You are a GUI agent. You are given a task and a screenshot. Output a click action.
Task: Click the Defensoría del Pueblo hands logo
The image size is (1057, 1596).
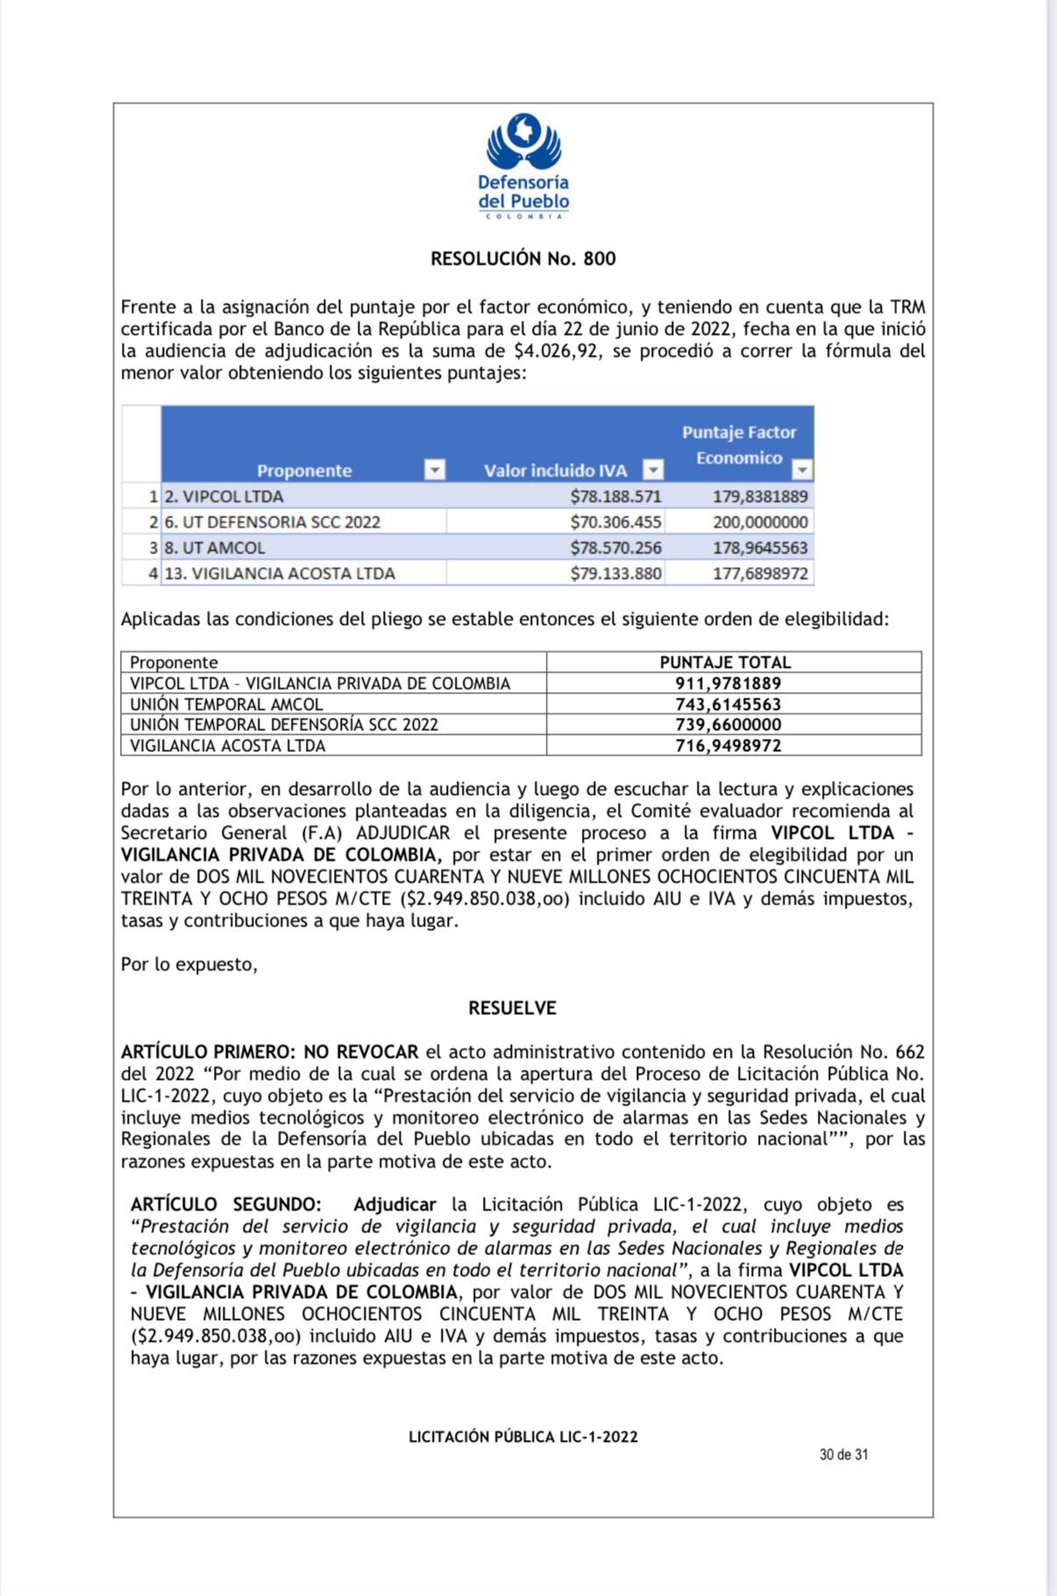pyautogui.click(x=523, y=141)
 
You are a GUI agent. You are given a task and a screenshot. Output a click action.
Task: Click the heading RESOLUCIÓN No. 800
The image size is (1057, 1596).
pyautogui.click(x=522, y=259)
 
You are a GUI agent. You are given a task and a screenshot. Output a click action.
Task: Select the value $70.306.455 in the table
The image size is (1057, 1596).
pyautogui.click(x=615, y=522)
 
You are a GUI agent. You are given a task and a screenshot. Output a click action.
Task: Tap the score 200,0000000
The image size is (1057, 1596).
pyautogui.click(x=760, y=522)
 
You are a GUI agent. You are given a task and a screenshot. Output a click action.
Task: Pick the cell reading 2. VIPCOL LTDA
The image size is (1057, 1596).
pyautogui.click(x=224, y=497)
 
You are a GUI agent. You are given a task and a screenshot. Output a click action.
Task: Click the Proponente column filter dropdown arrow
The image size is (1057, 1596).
pyautogui.click(x=435, y=470)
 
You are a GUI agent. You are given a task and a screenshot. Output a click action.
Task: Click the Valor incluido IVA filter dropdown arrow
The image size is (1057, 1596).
pyautogui.click(x=652, y=470)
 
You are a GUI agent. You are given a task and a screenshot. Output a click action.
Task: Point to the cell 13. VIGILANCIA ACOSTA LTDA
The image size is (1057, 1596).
pyautogui.click(x=280, y=574)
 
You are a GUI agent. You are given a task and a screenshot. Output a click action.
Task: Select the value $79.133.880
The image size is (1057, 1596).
pyautogui.click(x=615, y=574)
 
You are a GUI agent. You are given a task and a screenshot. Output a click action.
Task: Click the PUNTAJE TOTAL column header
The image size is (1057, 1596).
pyautogui.click(x=725, y=663)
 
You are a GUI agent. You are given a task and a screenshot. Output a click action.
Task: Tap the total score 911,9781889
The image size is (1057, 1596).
pyautogui.click(x=727, y=684)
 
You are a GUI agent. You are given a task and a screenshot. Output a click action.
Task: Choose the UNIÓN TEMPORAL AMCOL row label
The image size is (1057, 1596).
pyautogui.click(x=226, y=705)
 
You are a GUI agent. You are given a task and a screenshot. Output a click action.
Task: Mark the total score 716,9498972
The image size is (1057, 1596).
pyautogui.click(x=727, y=746)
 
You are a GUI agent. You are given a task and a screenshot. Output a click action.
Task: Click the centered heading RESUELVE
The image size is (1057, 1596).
pyautogui.click(x=512, y=1008)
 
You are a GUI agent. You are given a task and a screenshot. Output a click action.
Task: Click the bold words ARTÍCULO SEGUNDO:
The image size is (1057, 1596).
pyautogui.click(x=225, y=1205)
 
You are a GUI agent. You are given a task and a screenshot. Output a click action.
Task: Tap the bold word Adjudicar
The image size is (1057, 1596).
pyautogui.click(x=394, y=1205)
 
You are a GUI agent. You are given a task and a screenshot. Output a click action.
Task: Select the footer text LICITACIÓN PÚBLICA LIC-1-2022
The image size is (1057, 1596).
pyautogui.click(x=522, y=1436)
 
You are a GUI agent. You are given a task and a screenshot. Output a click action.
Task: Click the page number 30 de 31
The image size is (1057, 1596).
pyautogui.click(x=843, y=1454)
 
